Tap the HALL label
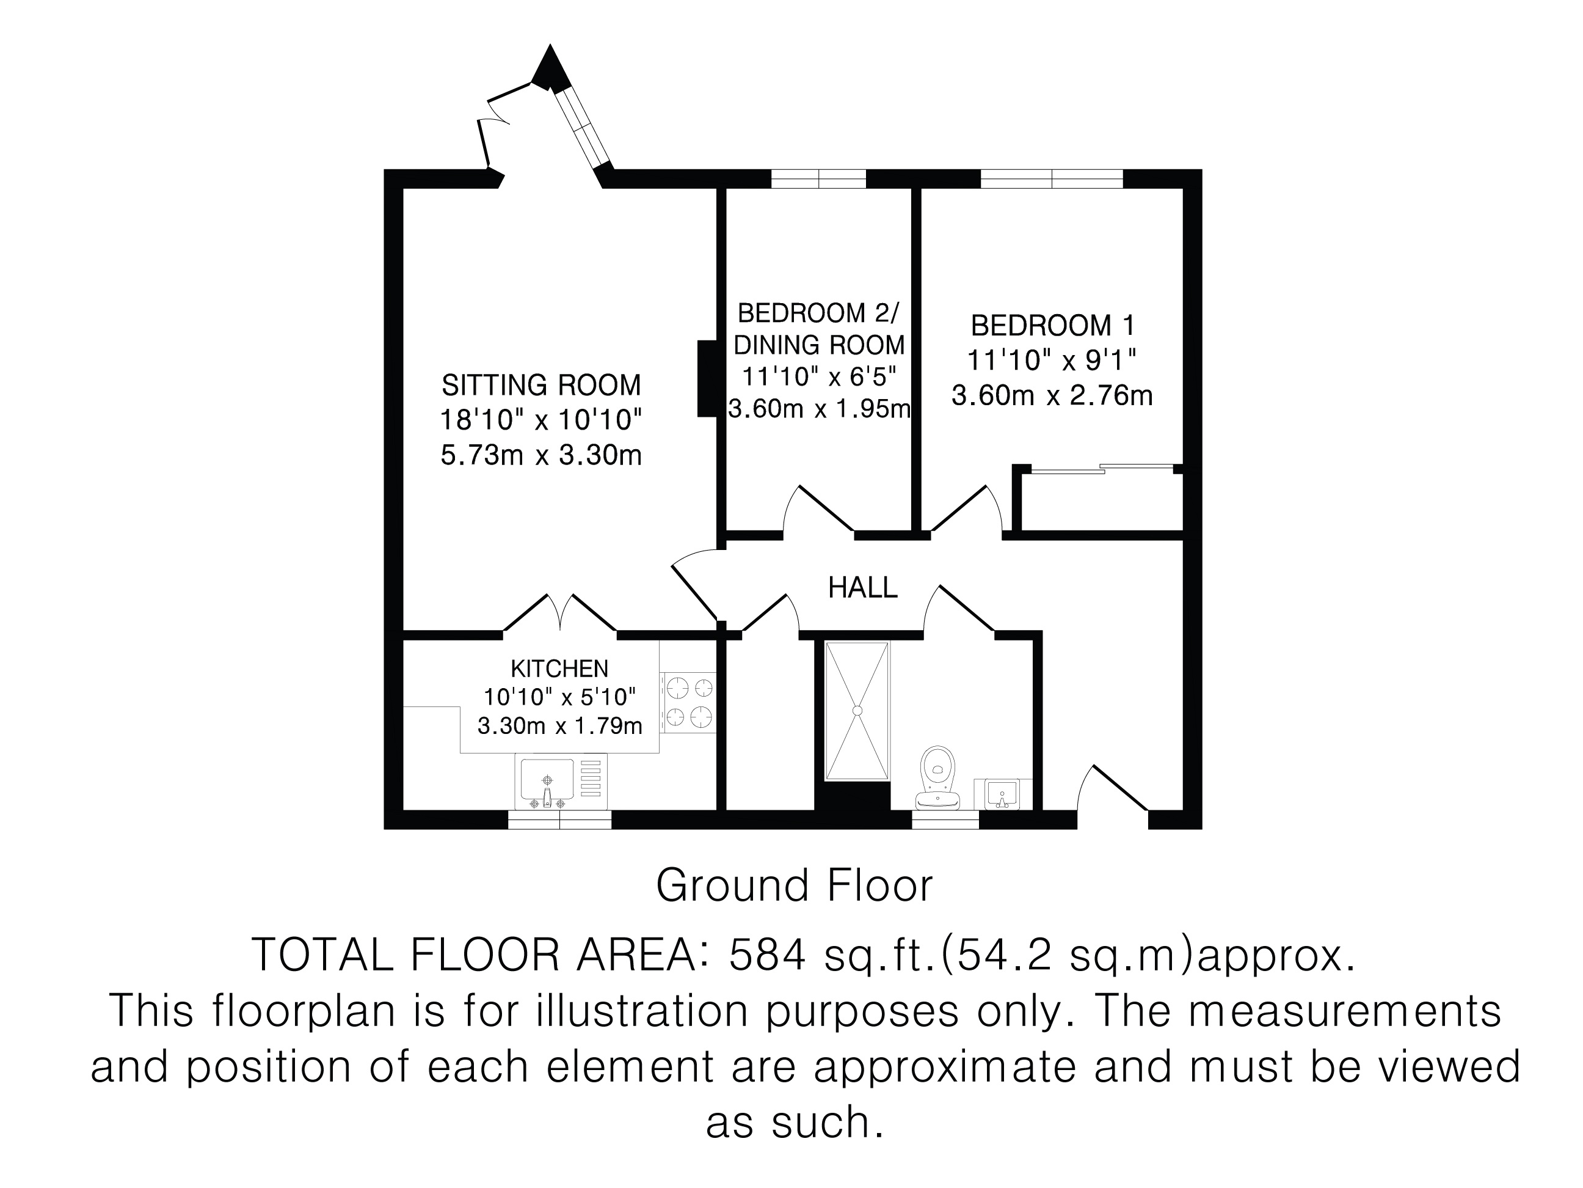pyautogui.click(x=862, y=588)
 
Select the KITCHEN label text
pyautogui.click(x=559, y=669)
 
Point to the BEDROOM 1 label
pyautogui.click(x=1052, y=326)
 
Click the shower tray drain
pyautogui.click(x=857, y=710)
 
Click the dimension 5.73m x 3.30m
pyautogui.click(x=541, y=455)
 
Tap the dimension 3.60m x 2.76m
pyautogui.click(x=1052, y=395)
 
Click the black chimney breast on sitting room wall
pyautogui.click(x=707, y=378)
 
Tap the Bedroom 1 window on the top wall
pyautogui.click(x=1051, y=178)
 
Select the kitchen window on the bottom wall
pyautogui.click(x=559, y=820)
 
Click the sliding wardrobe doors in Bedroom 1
pyautogui.click(x=1102, y=469)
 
